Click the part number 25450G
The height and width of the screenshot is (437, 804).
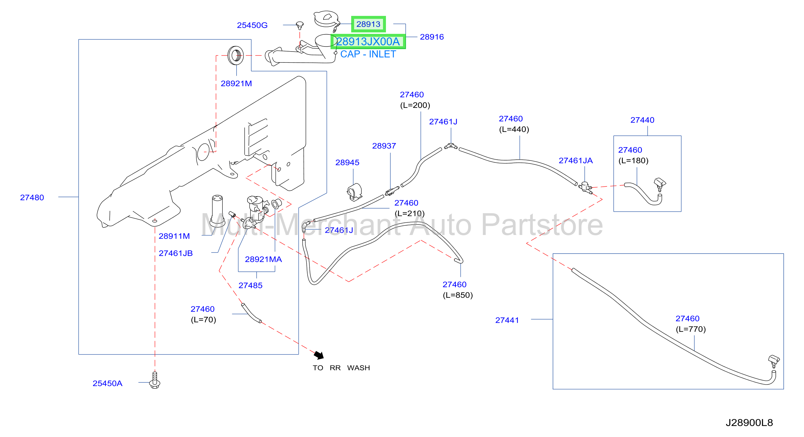252,25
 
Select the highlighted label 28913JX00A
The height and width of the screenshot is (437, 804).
368,42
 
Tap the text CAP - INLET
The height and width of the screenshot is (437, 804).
368,54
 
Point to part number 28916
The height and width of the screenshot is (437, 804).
432,37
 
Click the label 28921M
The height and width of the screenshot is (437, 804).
236,84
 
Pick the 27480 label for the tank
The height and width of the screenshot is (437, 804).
32,198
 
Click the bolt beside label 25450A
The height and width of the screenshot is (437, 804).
155,380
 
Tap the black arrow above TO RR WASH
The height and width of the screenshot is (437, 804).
319,355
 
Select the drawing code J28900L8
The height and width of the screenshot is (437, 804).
749,423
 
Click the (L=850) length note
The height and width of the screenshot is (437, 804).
458,295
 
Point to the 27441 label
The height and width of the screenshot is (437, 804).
507,320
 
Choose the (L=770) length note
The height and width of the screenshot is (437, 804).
690,329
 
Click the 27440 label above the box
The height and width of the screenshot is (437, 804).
642,120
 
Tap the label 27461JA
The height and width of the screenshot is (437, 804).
576,161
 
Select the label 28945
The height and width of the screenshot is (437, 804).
347,163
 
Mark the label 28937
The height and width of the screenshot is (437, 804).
384,146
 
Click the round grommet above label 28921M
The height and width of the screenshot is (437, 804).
236,56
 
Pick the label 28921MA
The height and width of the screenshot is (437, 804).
263,259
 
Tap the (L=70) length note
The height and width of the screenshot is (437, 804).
203,320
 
